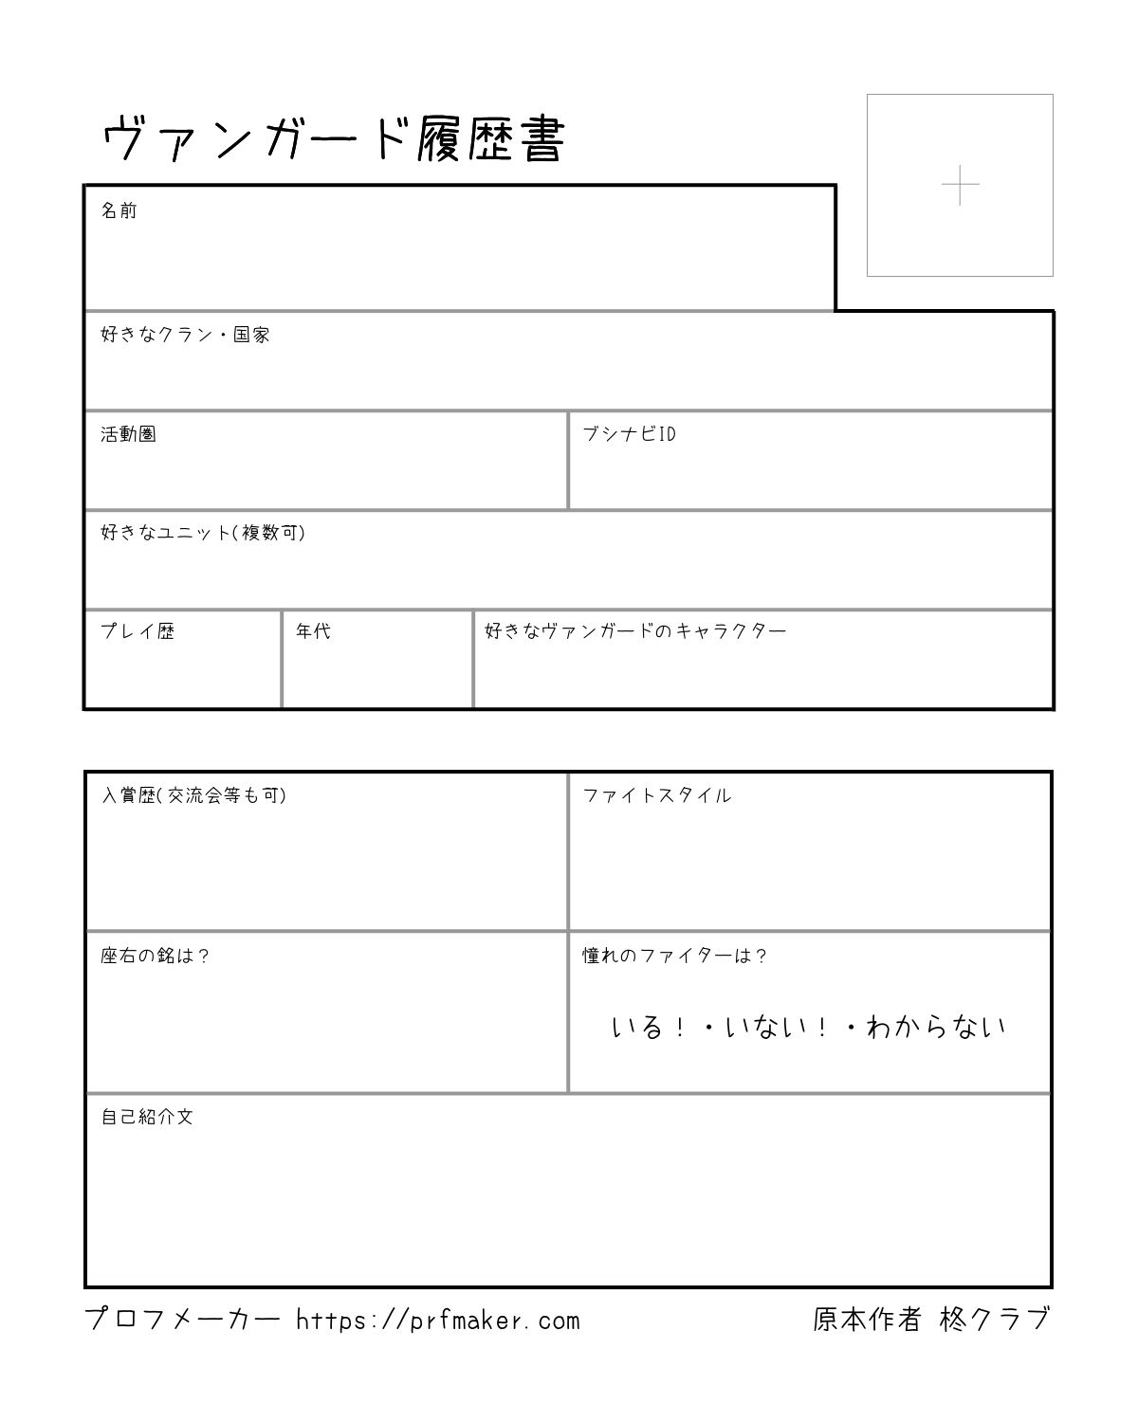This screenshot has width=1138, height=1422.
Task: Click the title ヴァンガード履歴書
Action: (333, 140)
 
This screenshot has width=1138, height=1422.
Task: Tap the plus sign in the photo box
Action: (960, 185)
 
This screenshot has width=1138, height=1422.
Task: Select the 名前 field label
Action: (119, 210)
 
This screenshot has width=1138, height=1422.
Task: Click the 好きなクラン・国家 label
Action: (186, 335)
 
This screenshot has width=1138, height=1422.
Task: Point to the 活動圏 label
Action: (128, 434)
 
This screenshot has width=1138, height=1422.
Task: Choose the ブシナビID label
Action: (629, 434)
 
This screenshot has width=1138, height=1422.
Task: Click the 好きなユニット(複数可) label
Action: (203, 533)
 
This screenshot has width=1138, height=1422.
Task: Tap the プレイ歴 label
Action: (138, 631)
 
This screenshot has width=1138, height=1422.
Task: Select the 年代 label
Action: (313, 631)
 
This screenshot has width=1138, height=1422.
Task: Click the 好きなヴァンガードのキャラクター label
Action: (635, 631)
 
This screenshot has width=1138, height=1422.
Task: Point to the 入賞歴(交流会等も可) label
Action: (193, 795)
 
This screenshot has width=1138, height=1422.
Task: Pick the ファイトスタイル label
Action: (656, 795)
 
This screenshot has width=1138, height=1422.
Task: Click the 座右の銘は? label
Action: (155, 956)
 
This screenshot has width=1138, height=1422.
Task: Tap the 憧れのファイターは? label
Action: (674, 956)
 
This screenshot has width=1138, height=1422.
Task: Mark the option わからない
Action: (935, 1027)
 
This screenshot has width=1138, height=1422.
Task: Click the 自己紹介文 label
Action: (147, 1117)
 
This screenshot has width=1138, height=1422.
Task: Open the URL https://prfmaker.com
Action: (437, 1320)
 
